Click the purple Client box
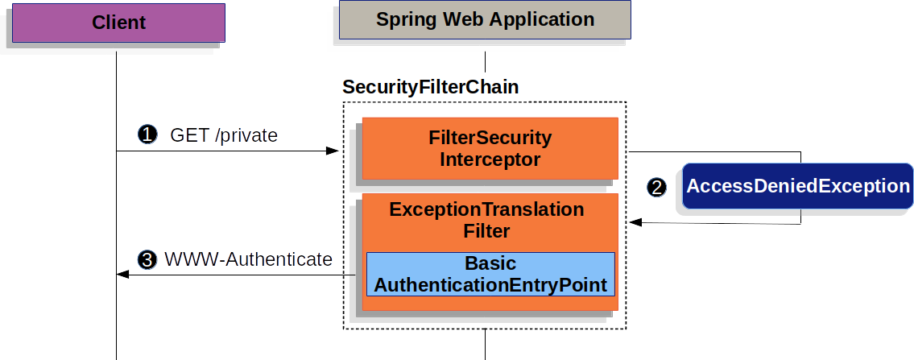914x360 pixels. tap(118, 22)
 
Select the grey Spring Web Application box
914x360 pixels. tap(485, 19)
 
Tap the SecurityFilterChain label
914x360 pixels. tap(430, 87)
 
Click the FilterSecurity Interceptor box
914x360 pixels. tap(490, 148)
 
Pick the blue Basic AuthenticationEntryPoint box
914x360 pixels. tap(490, 275)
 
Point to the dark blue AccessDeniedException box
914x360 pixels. tap(797, 186)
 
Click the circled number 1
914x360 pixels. tap(147, 134)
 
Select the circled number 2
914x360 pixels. tap(658, 187)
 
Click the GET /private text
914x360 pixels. tap(224, 135)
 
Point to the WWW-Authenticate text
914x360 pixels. tap(248, 259)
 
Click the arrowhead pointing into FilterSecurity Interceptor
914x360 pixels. tap(331, 151)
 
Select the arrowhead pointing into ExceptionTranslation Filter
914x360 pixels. tap(633, 222)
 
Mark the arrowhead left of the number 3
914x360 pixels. tap(122, 275)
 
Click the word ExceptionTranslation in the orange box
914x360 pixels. tap(486, 209)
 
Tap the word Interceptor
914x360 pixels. tap(490, 159)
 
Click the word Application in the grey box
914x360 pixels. tap(538, 19)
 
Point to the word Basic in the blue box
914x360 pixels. tap(490, 263)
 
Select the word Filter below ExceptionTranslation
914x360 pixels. tap(486, 231)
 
